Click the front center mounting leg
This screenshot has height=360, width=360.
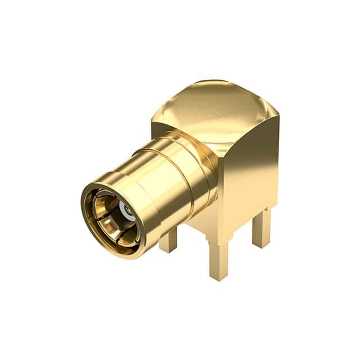218,259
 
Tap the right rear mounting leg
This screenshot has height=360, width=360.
261,228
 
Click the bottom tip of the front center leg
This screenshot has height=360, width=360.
218,277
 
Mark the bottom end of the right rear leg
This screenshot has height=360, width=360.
261,244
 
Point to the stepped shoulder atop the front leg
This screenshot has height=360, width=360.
217,241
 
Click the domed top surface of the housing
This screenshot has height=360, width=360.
214,110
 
